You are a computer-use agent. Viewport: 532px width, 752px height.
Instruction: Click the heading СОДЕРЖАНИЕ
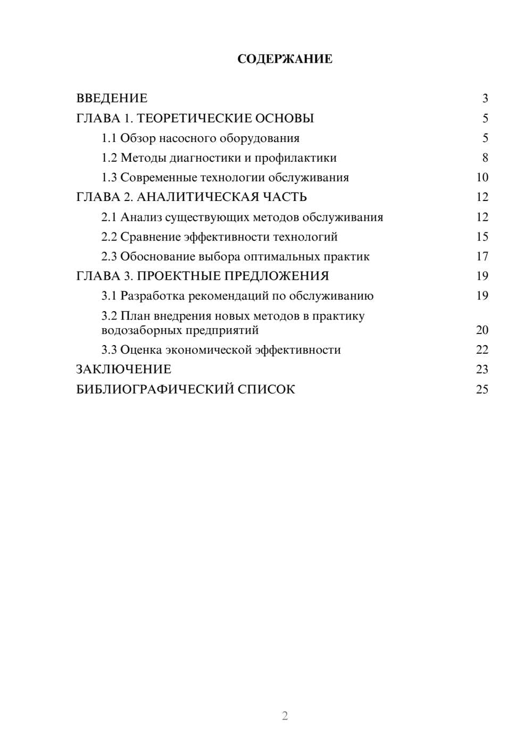coord(285,59)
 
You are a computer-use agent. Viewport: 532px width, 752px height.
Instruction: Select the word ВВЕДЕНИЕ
coord(112,98)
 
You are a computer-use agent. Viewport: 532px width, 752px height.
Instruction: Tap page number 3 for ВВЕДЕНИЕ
coord(485,98)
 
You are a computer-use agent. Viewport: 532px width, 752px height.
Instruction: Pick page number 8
coord(485,158)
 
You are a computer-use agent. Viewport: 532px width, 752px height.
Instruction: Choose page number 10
coord(482,178)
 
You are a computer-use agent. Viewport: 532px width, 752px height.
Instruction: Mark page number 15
coord(482,237)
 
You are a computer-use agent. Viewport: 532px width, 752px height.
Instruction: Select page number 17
coord(482,256)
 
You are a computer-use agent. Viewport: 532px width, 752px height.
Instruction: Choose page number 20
coord(482,330)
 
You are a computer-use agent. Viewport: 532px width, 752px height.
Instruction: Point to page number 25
coord(482,389)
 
